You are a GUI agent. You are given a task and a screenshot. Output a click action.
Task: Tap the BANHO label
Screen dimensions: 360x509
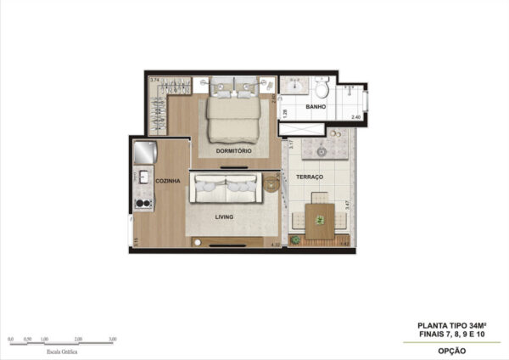[x=316, y=108]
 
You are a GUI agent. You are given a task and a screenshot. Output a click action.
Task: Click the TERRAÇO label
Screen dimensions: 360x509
[x=309, y=177]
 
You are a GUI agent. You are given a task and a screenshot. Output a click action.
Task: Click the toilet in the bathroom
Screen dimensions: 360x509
[x=321, y=87]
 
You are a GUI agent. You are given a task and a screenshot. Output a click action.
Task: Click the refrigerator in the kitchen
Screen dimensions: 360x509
[x=145, y=153]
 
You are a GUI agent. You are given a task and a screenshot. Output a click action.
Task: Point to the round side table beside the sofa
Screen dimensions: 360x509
[x=271, y=182]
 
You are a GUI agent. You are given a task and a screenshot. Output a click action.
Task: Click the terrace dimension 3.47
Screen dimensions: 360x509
[x=349, y=204]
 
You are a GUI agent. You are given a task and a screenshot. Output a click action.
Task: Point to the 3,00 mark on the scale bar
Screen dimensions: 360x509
[x=113, y=338]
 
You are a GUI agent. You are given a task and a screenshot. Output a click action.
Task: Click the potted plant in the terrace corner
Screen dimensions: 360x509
[x=294, y=241]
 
